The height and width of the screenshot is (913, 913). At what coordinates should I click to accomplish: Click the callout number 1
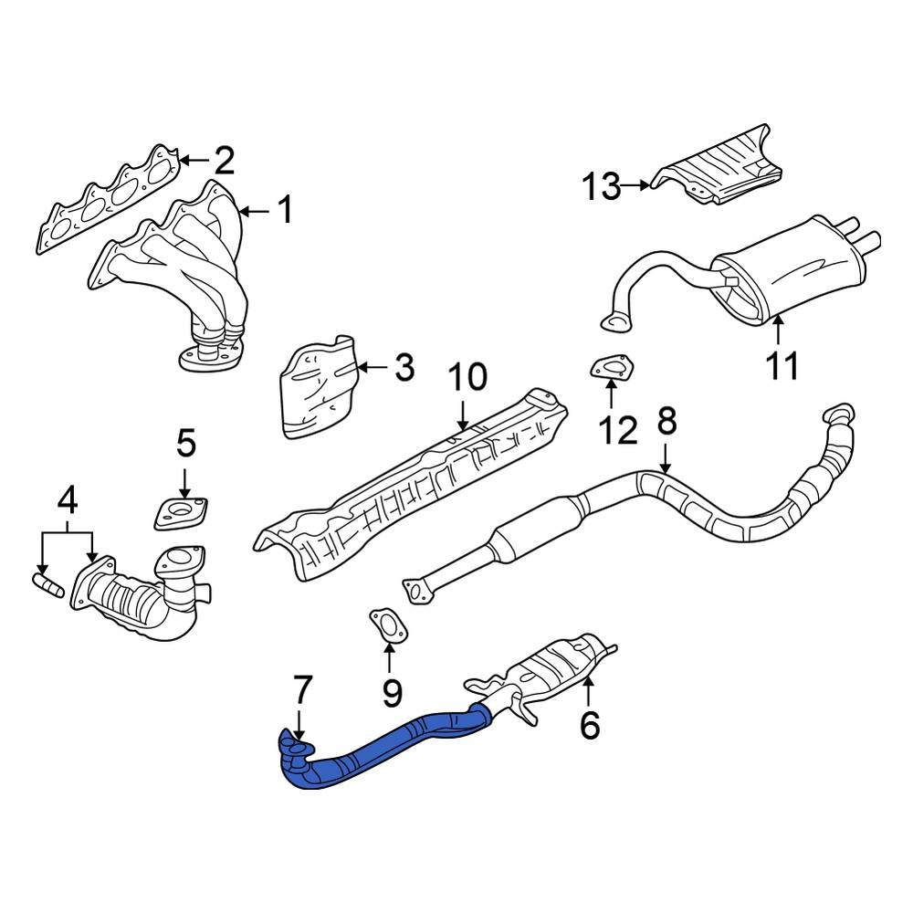pyautogui.click(x=286, y=212)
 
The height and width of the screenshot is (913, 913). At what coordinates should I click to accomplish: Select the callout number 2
pyautogui.click(x=224, y=162)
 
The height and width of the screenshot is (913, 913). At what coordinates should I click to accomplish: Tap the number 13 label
pyautogui.click(x=602, y=188)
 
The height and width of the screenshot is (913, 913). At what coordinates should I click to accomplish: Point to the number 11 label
pyautogui.click(x=782, y=364)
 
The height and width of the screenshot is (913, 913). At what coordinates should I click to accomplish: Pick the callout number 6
pyautogui.click(x=589, y=725)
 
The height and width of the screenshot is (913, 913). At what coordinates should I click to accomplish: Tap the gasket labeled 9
pyautogui.click(x=389, y=625)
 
